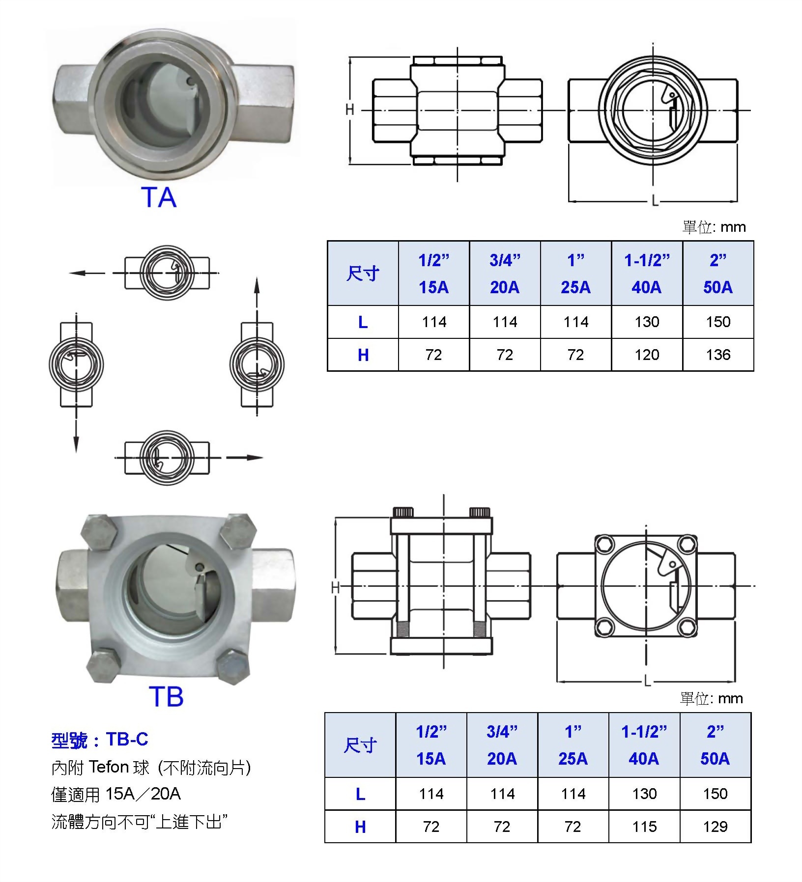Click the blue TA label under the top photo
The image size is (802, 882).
159,197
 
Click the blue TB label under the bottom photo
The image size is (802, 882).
166,696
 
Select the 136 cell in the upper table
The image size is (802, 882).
718,355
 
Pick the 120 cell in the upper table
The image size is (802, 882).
647,355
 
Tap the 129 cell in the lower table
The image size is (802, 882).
715,827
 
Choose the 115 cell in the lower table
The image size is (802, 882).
644,827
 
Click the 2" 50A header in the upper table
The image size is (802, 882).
718,274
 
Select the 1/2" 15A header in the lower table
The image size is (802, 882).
431,745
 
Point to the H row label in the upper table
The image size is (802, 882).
363,355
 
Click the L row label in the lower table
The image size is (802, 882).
360,794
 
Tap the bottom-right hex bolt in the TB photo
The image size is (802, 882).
232,667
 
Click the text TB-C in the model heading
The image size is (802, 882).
127,739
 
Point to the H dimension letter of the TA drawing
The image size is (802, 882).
349,110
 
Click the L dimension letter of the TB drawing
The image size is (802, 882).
647,682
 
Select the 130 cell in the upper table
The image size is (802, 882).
647,322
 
